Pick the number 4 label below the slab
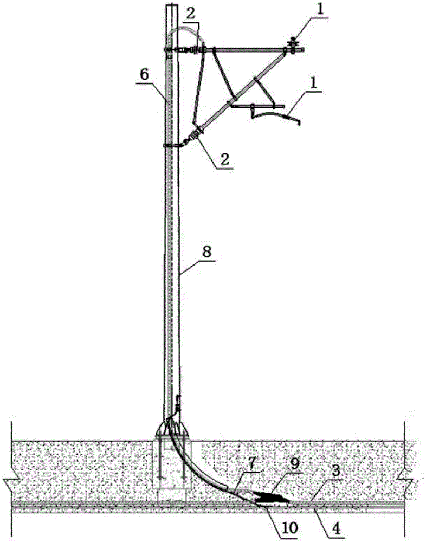click(x=335, y=527)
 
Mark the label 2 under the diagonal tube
click(x=225, y=159)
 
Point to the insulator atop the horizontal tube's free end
click(x=293, y=46)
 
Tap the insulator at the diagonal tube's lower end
click(x=196, y=134)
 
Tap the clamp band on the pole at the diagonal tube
click(x=172, y=145)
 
